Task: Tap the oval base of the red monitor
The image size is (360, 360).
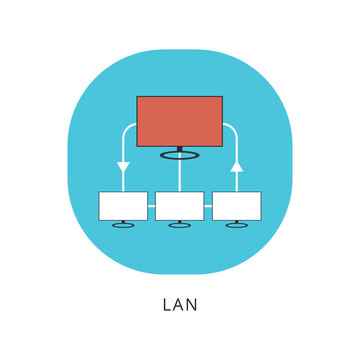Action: pyautogui.click(x=180, y=154)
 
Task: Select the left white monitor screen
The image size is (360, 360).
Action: pyautogui.click(x=123, y=205)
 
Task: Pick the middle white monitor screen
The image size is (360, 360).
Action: pyautogui.click(x=180, y=205)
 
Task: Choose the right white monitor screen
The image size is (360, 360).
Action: pyautogui.click(x=237, y=205)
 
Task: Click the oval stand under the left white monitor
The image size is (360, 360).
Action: pyautogui.click(x=123, y=226)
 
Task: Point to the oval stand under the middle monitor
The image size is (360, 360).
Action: pyautogui.click(x=180, y=226)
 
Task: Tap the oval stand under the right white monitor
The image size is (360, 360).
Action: pyautogui.click(x=237, y=226)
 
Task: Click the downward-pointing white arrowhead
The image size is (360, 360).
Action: pyautogui.click(x=123, y=167)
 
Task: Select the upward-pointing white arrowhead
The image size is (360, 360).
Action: pyautogui.click(x=237, y=168)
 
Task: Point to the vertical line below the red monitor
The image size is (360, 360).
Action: pyautogui.click(x=180, y=174)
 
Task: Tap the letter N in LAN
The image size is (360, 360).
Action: pyautogui.click(x=194, y=303)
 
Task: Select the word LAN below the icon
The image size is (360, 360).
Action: pyautogui.click(x=179, y=303)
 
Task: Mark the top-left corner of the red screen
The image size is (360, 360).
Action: pyautogui.click(x=138, y=97)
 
